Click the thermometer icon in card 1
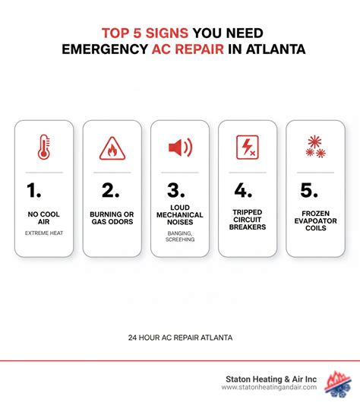click(44, 147)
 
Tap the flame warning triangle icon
click(112, 148)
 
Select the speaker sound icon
click(180, 147)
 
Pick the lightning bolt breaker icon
click(247, 146)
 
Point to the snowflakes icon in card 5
click(314, 146)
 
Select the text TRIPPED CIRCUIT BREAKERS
click(247, 220)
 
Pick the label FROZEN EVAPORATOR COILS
click(314, 220)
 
